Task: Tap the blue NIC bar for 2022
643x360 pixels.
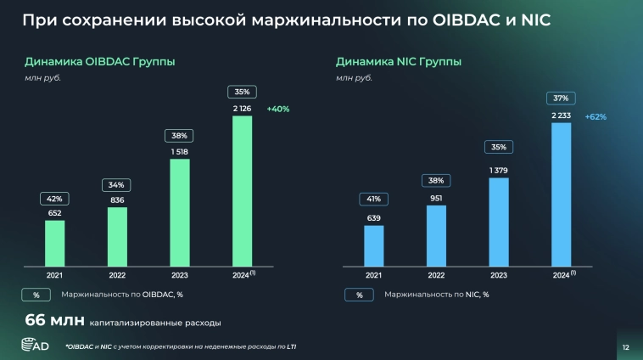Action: click(436, 234)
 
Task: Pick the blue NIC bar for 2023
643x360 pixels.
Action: click(499, 221)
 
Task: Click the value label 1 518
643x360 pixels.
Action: click(179, 151)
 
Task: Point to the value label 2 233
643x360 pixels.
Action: click(561, 115)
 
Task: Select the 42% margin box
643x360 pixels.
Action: click(54, 199)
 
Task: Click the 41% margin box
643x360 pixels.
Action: click(373, 200)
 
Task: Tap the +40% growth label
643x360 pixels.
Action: click(278, 109)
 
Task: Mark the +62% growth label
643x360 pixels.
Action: click(595, 116)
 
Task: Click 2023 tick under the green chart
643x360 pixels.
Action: click(179, 275)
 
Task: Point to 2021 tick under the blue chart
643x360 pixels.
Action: click(373, 275)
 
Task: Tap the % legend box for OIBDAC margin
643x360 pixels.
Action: click(36, 295)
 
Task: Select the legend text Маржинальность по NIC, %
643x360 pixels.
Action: click(436, 295)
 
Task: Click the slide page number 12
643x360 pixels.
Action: click(625, 346)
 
